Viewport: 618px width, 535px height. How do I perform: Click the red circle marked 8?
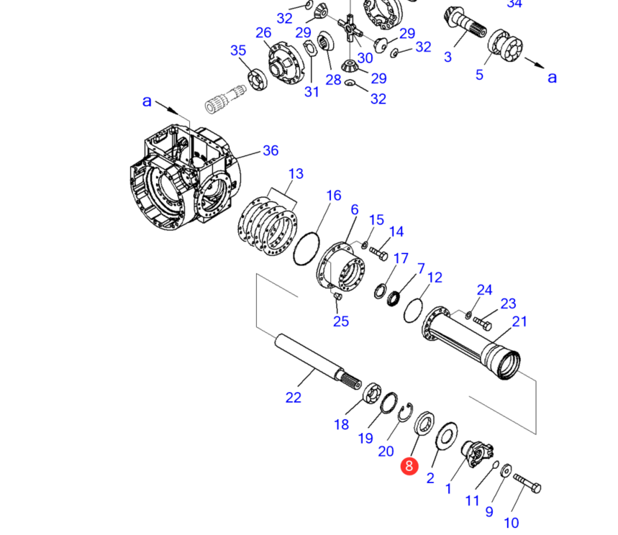click(409, 466)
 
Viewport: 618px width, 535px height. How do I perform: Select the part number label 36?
click(271, 150)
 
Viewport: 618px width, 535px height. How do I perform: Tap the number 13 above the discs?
click(296, 174)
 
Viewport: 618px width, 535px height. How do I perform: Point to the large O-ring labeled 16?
click(305, 247)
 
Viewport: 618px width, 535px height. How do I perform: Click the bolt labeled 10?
click(527, 486)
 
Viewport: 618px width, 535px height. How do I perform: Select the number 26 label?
click(263, 32)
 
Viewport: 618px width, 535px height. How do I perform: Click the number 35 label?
click(238, 50)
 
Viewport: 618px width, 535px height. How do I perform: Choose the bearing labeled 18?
click(372, 395)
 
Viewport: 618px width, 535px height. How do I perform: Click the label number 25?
click(341, 321)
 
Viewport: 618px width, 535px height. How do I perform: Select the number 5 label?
click(480, 74)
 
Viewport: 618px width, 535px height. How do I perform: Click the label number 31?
click(311, 91)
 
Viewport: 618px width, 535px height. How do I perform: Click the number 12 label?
click(435, 278)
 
